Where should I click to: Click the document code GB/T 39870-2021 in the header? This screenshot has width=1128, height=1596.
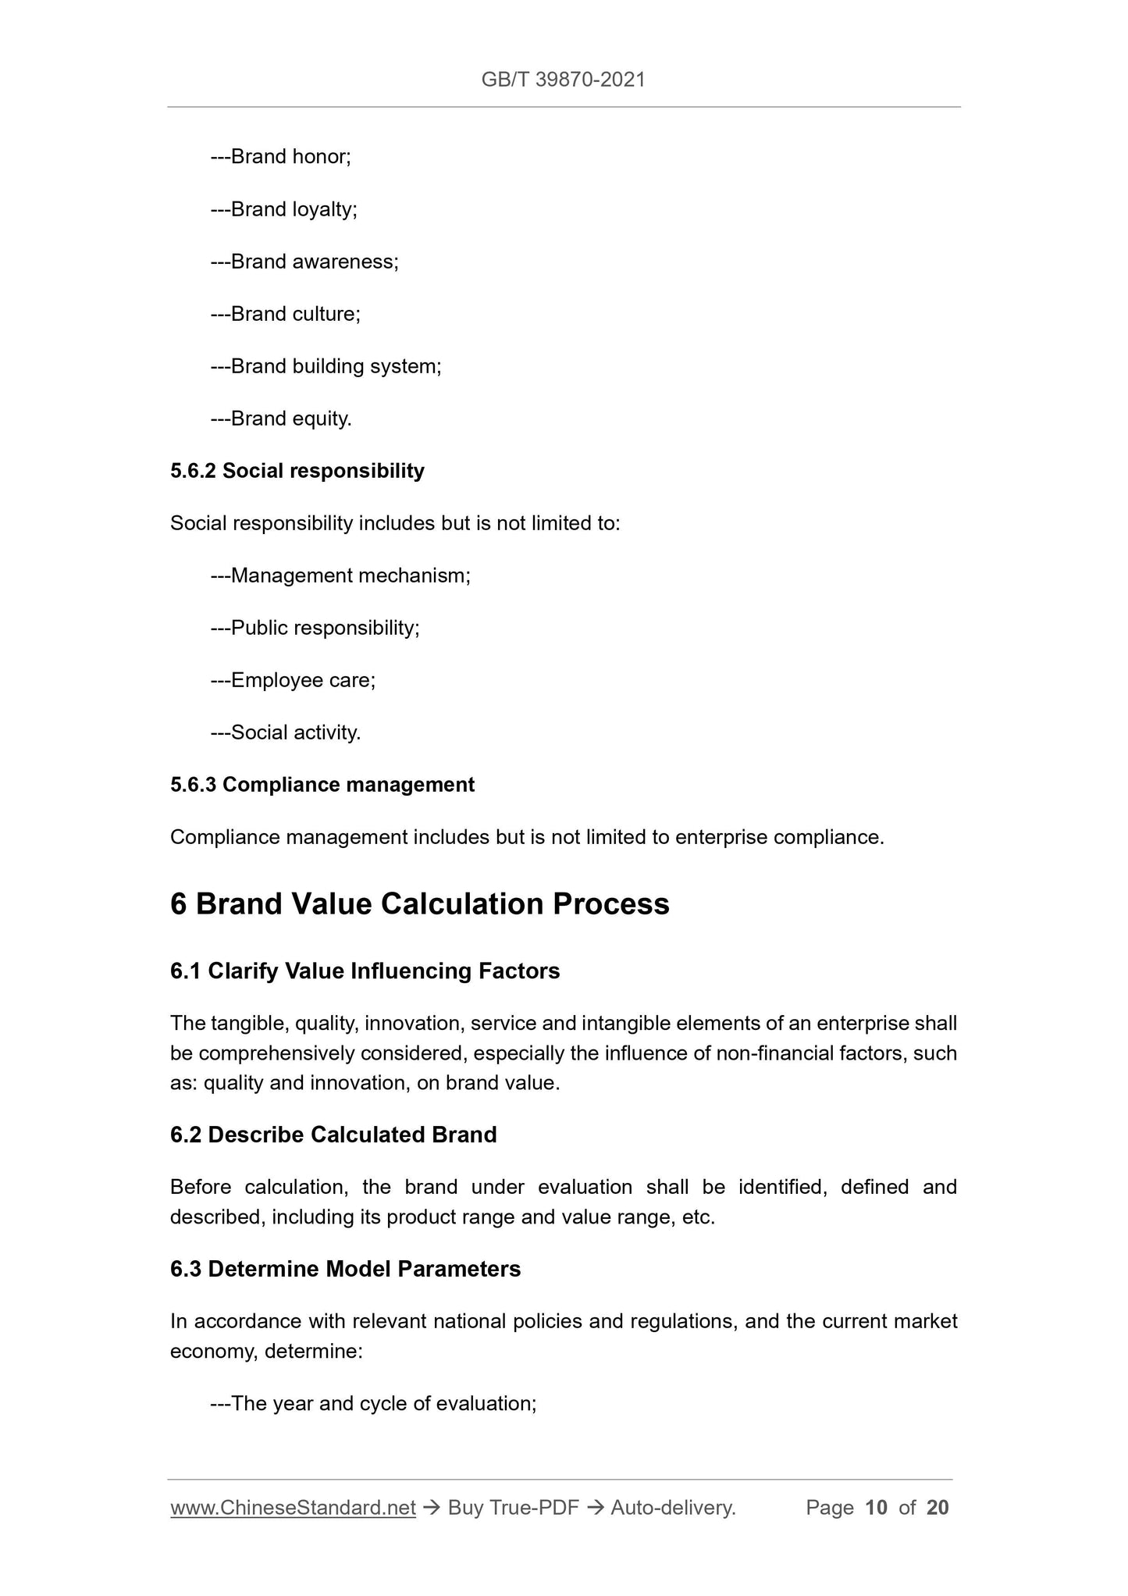click(563, 80)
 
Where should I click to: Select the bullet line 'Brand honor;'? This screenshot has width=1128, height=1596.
click(281, 157)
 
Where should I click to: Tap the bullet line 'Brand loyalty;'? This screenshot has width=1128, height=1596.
click(284, 209)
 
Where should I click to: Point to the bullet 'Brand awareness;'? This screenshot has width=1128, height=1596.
click(304, 262)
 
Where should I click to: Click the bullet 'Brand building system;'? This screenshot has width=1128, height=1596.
click(326, 366)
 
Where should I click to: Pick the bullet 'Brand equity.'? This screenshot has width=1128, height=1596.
click(281, 419)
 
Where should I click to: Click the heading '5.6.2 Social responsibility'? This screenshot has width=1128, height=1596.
click(297, 471)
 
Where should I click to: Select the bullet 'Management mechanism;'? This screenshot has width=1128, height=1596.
click(340, 576)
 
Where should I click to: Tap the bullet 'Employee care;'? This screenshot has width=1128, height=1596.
click(294, 681)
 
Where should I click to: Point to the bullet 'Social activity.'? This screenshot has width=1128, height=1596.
click(286, 733)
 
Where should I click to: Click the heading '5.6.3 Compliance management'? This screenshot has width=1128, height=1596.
click(322, 785)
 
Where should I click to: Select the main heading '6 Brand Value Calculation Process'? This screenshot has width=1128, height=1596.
click(420, 904)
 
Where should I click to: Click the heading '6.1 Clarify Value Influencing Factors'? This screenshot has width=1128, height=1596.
click(365, 971)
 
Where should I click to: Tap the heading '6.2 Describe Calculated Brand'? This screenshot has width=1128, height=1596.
click(333, 1135)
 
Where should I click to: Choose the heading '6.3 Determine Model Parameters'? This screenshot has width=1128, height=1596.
click(345, 1269)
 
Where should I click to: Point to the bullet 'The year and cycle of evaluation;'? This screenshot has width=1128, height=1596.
click(374, 1404)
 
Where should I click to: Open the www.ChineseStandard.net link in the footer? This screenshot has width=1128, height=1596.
click(293, 1508)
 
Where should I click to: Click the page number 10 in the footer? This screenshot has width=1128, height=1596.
click(877, 1508)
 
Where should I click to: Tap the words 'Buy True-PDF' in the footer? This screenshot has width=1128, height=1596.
click(513, 1508)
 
